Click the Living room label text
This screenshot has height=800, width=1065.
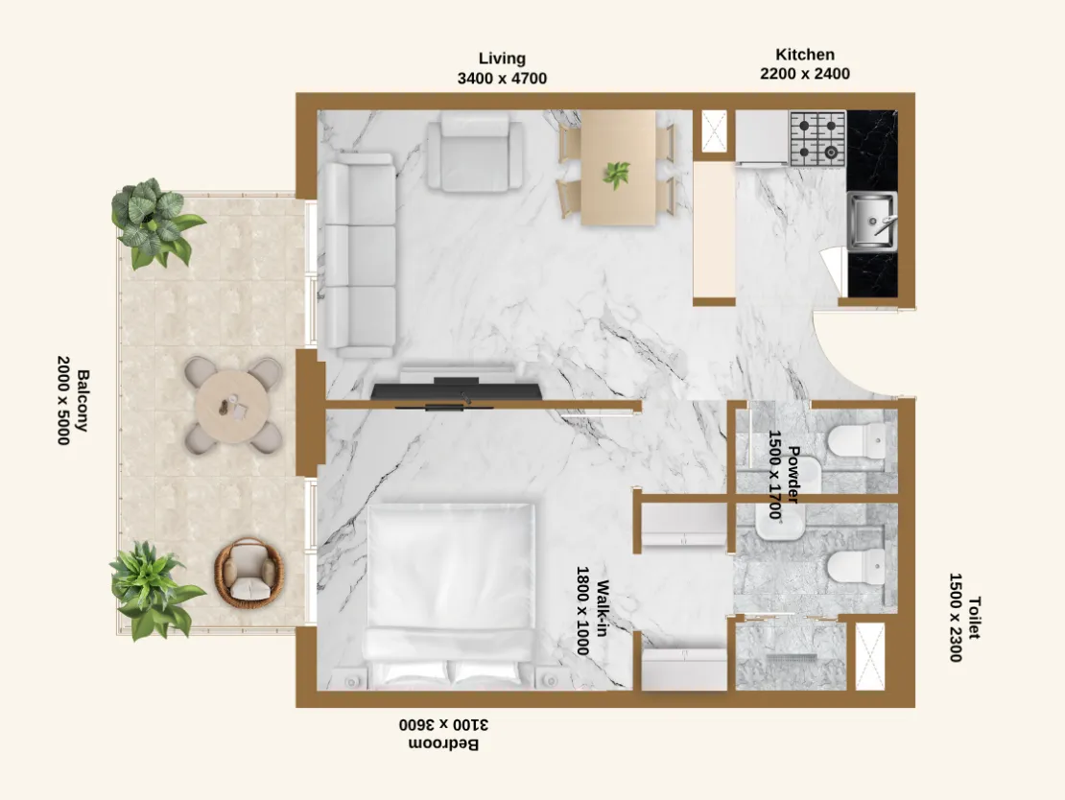coord(502,59)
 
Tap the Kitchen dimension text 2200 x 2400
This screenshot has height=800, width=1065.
coord(805,73)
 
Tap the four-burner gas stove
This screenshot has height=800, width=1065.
coord(817,137)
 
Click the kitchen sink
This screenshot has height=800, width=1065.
coord(871,220)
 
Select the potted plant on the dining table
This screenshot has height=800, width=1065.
coord(616,175)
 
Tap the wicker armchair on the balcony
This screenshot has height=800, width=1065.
coord(249,573)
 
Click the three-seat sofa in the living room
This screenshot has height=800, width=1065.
coord(359,255)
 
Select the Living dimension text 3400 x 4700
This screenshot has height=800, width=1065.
coord(502,78)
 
